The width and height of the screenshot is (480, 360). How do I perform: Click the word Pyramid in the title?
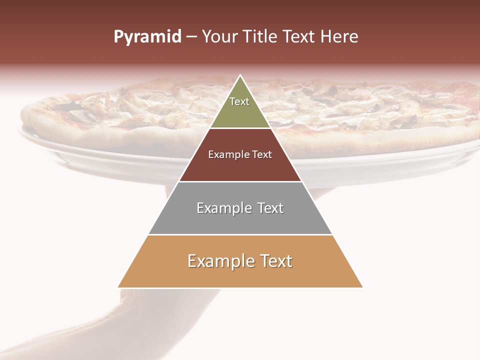click(147, 37)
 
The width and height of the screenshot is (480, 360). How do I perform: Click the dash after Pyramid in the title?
click(191, 37)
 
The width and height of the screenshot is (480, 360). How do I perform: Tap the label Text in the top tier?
click(239, 101)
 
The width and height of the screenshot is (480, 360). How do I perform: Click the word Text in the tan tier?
click(276, 261)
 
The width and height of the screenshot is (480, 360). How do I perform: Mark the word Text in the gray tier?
click(270, 208)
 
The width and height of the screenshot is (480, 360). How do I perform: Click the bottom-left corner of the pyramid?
click(118, 287)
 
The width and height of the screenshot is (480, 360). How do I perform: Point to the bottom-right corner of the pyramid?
click(362, 287)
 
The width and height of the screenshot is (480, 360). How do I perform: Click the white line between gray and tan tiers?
click(240, 234)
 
